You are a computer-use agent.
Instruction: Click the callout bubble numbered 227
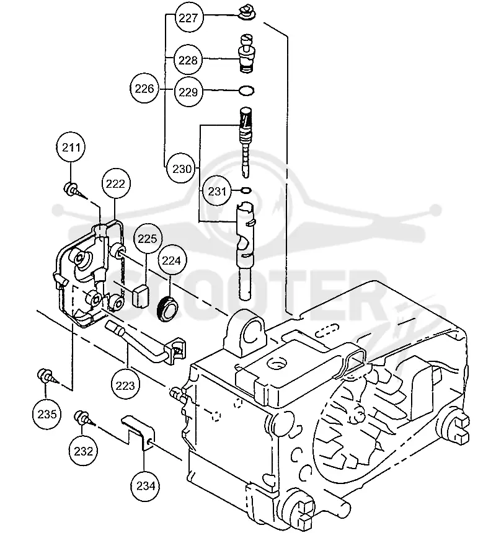click(x=188, y=18)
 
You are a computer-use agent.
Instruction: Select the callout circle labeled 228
click(x=188, y=60)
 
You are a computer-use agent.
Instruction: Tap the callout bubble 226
click(x=144, y=89)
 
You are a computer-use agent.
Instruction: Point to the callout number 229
click(x=188, y=92)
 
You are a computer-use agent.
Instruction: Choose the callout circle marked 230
click(x=182, y=169)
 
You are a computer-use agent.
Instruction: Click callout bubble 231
click(x=217, y=191)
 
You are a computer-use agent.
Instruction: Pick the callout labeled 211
click(x=71, y=148)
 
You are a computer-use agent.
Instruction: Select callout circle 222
click(x=115, y=184)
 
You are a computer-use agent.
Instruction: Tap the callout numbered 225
click(x=147, y=239)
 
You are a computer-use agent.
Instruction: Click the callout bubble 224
click(x=171, y=260)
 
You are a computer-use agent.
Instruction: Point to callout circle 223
click(x=125, y=386)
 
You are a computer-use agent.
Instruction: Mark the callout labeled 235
click(x=47, y=414)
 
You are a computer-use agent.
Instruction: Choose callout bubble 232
click(x=83, y=451)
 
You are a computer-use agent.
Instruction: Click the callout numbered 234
click(x=146, y=486)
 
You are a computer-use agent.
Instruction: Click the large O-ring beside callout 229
click(x=246, y=90)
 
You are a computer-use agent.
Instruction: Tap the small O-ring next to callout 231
click(x=246, y=190)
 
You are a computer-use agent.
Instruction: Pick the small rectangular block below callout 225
click(x=140, y=296)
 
